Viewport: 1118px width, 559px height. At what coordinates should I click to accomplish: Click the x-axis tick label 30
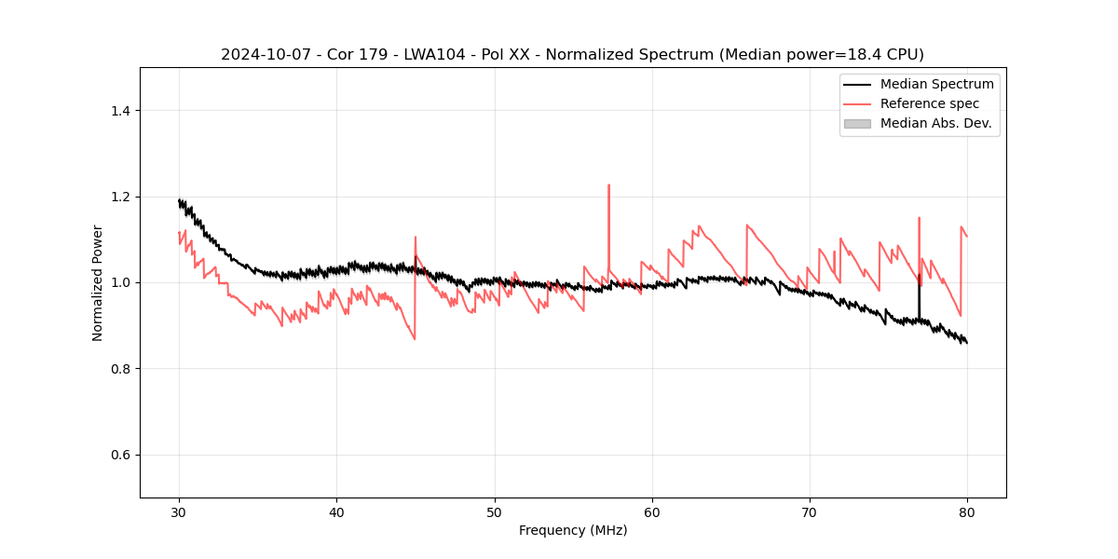tap(179, 511)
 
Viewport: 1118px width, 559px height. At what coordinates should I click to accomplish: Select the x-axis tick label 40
tap(336, 511)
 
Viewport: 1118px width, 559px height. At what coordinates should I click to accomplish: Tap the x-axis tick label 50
tap(495, 511)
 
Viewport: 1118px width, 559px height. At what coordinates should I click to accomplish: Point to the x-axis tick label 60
tap(652, 511)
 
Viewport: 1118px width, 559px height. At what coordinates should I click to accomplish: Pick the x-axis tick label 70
tap(810, 511)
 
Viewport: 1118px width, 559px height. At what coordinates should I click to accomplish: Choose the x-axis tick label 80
tap(967, 511)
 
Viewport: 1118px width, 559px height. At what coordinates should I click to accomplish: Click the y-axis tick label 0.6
tap(119, 455)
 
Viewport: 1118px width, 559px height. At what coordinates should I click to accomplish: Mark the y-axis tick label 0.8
tap(119, 369)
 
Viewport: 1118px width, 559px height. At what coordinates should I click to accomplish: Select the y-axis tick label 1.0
tap(119, 282)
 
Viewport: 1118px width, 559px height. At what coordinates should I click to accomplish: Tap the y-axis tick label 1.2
tap(119, 197)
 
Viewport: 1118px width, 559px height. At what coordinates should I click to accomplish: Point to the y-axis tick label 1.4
tap(119, 111)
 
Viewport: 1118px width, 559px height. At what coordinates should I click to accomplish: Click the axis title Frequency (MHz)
tap(573, 530)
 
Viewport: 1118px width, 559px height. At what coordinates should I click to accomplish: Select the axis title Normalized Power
tap(98, 282)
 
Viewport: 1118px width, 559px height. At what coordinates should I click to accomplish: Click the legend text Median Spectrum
tap(936, 84)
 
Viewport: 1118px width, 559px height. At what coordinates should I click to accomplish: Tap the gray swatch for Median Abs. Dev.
tap(857, 123)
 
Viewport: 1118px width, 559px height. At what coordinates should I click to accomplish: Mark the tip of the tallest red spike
tap(608, 184)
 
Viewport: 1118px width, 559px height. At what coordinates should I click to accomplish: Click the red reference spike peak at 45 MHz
tap(416, 237)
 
